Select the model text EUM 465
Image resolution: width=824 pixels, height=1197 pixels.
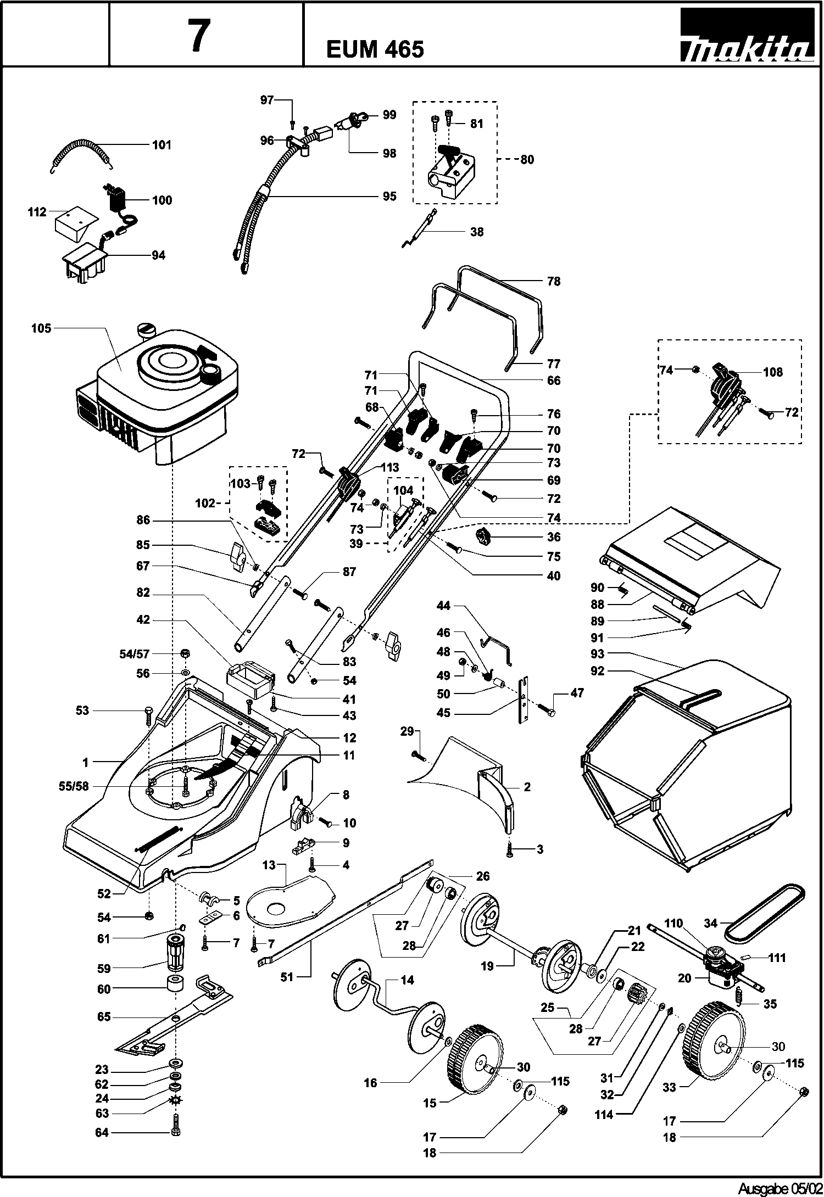375,50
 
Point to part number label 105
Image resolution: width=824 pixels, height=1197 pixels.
41,328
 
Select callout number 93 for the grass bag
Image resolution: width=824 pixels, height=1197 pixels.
597,654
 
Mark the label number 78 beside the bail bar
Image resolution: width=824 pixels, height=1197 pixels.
554,281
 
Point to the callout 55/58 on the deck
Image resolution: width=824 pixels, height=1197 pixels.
74,787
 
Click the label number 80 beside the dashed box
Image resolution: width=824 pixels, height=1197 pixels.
527,160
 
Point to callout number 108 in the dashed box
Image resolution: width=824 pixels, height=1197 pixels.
773,372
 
